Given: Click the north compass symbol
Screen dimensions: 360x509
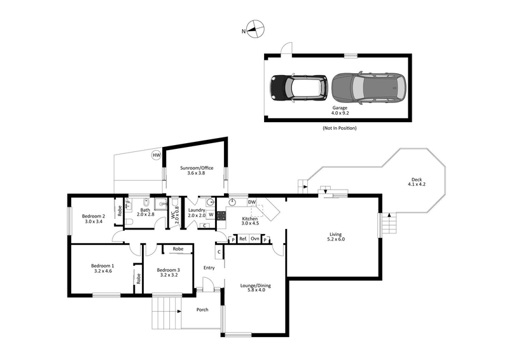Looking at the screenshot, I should (x=254, y=29).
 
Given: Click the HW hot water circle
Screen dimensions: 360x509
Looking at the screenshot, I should (x=155, y=155).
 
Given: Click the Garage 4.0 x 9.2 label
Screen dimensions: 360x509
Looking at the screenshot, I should (x=340, y=111).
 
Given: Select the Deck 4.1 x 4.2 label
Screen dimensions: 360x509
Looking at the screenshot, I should (x=416, y=182).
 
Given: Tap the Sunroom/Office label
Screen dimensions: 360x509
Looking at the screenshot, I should (x=196, y=170).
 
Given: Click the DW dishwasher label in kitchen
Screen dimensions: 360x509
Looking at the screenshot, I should (x=252, y=202).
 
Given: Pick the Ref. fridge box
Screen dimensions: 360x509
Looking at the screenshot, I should (x=243, y=239).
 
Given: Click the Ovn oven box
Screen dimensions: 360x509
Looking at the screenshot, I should (x=254, y=239).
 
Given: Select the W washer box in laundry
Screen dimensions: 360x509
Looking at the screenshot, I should (x=211, y=215).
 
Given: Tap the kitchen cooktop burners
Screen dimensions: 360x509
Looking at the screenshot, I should (x=221, y=216).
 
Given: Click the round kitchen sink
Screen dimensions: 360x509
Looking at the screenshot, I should (x=234, y=202).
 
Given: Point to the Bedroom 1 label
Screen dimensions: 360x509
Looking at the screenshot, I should (x=102, y=268).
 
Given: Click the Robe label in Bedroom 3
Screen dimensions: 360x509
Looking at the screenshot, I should (x=178, y=249).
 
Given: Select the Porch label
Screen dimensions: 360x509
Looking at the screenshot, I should (x=202, y=310).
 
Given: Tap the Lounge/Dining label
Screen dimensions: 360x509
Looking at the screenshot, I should (x=256, y=289).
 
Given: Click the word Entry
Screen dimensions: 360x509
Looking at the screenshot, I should (x=209, y=268).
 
